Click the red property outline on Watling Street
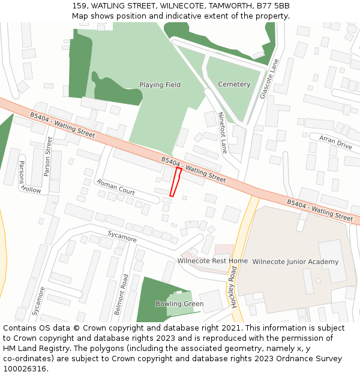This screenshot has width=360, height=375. tap(175, 182)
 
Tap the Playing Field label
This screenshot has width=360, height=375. tap(160, 85)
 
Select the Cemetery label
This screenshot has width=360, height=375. tap(234, 85)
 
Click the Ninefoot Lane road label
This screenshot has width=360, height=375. tap(222, 133)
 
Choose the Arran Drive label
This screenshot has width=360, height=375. tap(335, 142)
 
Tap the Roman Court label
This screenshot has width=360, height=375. tap(116, 187)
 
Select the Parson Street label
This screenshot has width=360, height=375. tap(48, 156)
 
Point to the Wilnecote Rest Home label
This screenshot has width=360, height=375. tap(212, 261)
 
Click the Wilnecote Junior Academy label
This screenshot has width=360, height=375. tap(295, 262)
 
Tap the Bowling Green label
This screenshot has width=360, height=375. tap(179, 304)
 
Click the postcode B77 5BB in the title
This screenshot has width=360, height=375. tap(273, 6)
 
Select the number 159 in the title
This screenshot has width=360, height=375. tap(79, 6)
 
